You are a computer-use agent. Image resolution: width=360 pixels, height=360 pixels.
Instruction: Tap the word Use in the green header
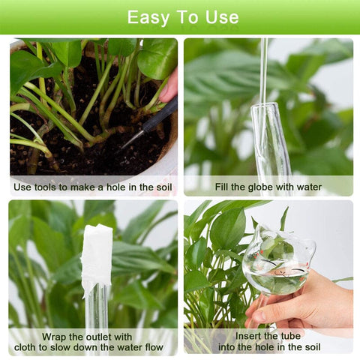(222, 17)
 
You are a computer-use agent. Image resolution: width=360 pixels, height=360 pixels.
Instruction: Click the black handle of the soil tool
(160, 115)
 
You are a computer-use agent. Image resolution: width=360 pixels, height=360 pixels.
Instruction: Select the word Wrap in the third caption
(54, 337)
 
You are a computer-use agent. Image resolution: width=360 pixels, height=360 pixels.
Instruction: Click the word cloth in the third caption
(27, 347)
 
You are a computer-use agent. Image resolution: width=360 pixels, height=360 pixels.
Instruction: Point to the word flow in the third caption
(154, 347)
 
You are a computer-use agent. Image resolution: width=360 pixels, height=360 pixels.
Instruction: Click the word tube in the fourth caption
(291, 336)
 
